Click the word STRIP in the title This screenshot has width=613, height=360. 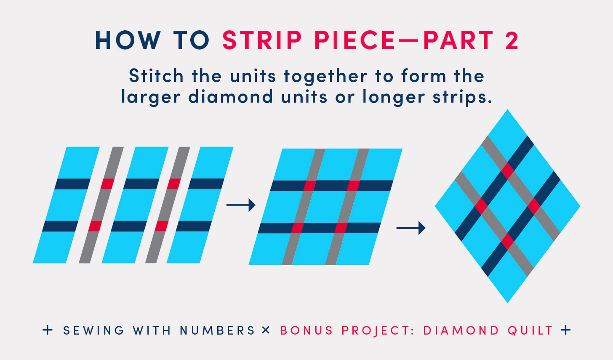point(262,40)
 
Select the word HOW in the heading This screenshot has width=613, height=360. point(128,40)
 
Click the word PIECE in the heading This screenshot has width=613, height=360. point(354,40)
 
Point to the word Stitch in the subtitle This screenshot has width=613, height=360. point(156,75)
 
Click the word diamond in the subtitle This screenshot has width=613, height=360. point(231,96)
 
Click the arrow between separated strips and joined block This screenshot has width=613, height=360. point(241,205)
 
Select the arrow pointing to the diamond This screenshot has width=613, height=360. point(411,228)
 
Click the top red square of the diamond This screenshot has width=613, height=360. point(508,171)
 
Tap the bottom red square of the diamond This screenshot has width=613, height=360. point(508,241)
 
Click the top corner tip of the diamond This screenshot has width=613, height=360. point(508,109)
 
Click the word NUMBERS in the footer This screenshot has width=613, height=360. point(217,331)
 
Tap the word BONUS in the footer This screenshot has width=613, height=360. point(306,331)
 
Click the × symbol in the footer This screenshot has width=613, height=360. point(265,330)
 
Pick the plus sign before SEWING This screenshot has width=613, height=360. point(48,330)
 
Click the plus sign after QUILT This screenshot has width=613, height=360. point(565,330)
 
